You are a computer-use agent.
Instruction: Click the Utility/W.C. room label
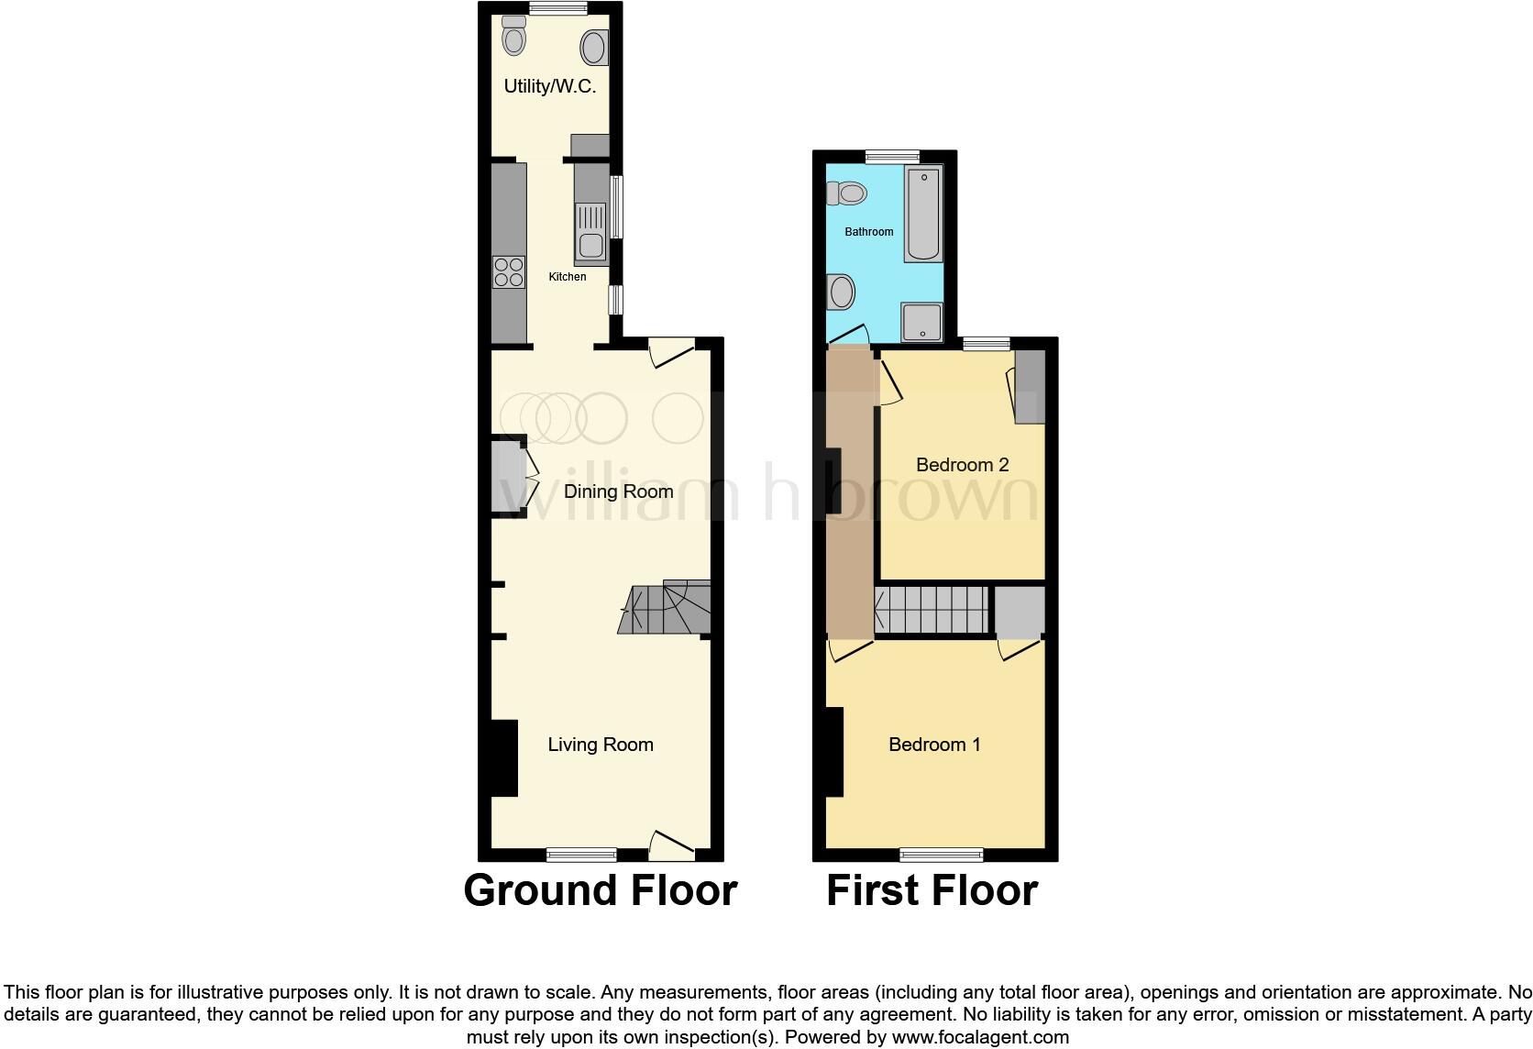coord(550,86)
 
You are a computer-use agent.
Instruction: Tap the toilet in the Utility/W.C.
coord(514,38)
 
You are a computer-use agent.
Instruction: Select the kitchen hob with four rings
coord(509,272)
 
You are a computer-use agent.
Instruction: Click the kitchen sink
coord(590,245)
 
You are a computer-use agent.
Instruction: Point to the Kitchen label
coord(568,276)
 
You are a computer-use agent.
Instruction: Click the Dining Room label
coord(618,491)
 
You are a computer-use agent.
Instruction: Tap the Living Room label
coord(601,745)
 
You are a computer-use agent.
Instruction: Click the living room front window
coord(581,855)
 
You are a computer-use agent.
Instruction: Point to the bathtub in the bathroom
coord(923,214)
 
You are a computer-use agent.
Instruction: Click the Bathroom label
coord(868,232)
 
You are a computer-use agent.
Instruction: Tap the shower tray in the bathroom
coord(921,322)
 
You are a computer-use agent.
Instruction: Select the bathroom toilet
coord(848,193)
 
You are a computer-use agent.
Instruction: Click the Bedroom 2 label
coord(962,465)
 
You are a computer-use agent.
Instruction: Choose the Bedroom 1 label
coord(934,745)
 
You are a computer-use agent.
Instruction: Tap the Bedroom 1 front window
coord(942,855)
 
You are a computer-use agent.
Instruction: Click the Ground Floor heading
coord(601,890)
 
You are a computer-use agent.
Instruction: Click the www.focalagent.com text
coord(980,1038)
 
